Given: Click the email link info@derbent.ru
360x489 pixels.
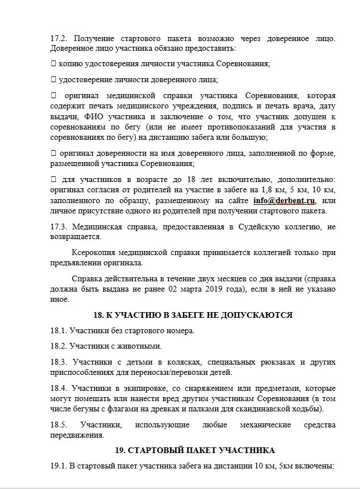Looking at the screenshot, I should click(x=284, y=200).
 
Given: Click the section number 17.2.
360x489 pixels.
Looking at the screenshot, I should click(x=58, y=38).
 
